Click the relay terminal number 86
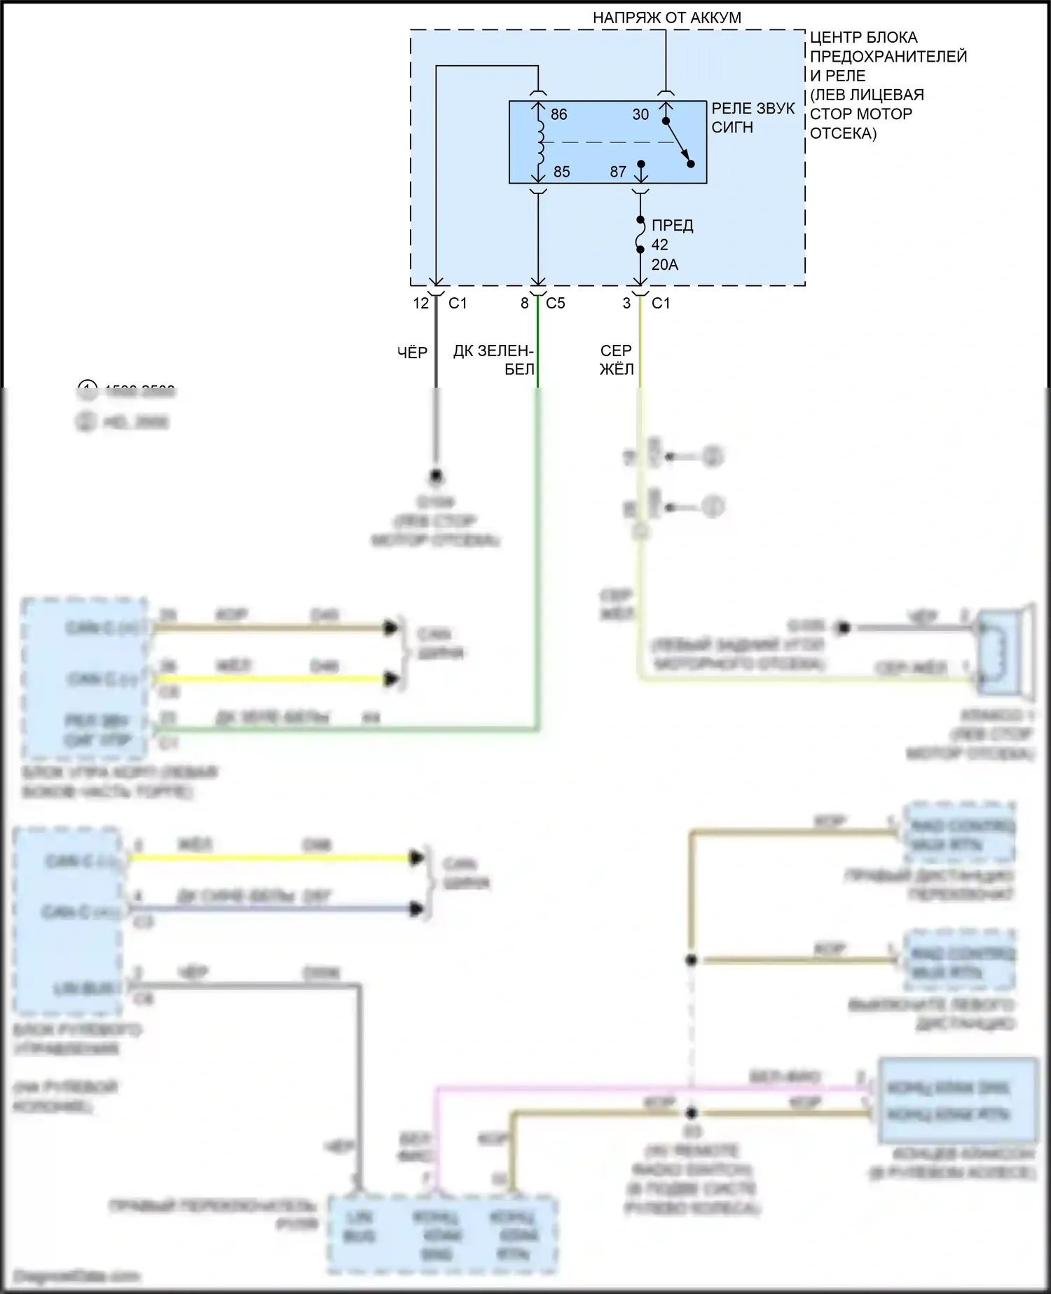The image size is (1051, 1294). pos(558,114)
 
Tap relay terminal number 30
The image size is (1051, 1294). pos(640,114)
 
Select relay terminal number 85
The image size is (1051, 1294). pos(561,172)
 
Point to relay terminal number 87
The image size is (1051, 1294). pos(617,172)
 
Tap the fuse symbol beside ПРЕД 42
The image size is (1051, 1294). pos(640,235)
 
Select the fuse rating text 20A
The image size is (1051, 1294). pos(664,265)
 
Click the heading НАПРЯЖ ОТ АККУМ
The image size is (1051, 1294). pos(666,18)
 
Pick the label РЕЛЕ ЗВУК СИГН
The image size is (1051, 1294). pos(753,118)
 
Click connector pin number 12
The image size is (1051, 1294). pos(420,304)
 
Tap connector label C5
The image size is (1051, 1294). pos(555,304)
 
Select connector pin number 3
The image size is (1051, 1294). pos(626,304)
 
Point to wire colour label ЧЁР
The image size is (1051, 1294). pos(412,353)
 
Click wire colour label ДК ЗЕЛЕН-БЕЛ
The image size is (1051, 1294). pos(494,360)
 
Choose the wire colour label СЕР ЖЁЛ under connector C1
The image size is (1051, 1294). pos(617,360)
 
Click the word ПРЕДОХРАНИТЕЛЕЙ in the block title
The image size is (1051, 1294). pos(888,57)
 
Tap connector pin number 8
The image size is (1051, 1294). pos(524,304)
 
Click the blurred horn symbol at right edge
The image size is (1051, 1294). pos(1005,652)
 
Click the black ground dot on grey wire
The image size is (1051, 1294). pos(436,477)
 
